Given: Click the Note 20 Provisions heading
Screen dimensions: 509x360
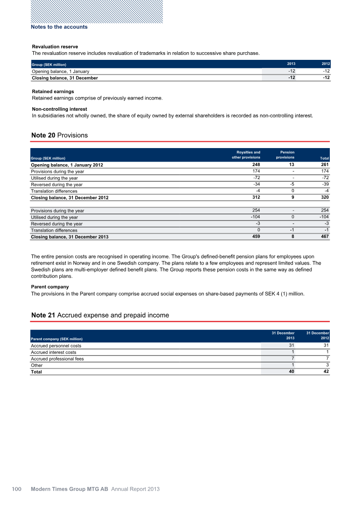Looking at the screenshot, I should click(59, 135).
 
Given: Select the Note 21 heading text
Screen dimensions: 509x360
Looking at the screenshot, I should click(100, 315).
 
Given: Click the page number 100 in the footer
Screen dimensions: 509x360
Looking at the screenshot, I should click(17, 489).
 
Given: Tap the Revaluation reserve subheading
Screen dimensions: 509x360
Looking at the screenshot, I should click(55, 46).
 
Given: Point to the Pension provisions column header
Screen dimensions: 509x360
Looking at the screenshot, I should click(284, 155).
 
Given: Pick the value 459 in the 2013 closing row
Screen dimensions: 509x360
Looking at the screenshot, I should click(255, 236).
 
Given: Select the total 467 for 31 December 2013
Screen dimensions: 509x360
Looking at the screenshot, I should click(324, 236).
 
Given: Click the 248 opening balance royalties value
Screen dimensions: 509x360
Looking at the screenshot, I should click(255, 165).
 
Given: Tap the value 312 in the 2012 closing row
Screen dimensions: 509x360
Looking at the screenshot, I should click(255, 197).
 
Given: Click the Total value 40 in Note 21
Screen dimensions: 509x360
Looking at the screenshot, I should click(291, 372).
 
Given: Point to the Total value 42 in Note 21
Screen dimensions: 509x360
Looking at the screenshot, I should click(326, 372).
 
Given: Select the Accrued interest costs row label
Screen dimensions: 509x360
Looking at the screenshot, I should click(53, 352).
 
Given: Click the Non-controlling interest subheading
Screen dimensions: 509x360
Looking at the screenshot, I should click(59, 109).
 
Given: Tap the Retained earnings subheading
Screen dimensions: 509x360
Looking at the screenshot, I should click(53, 91).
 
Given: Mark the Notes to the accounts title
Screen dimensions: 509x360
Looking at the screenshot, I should click(59, 27).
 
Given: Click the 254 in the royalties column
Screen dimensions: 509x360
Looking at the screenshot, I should click(255, 210).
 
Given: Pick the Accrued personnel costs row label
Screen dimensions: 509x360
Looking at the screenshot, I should click(56, 346).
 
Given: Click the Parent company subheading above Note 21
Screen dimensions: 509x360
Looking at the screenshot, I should click(50, 286).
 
